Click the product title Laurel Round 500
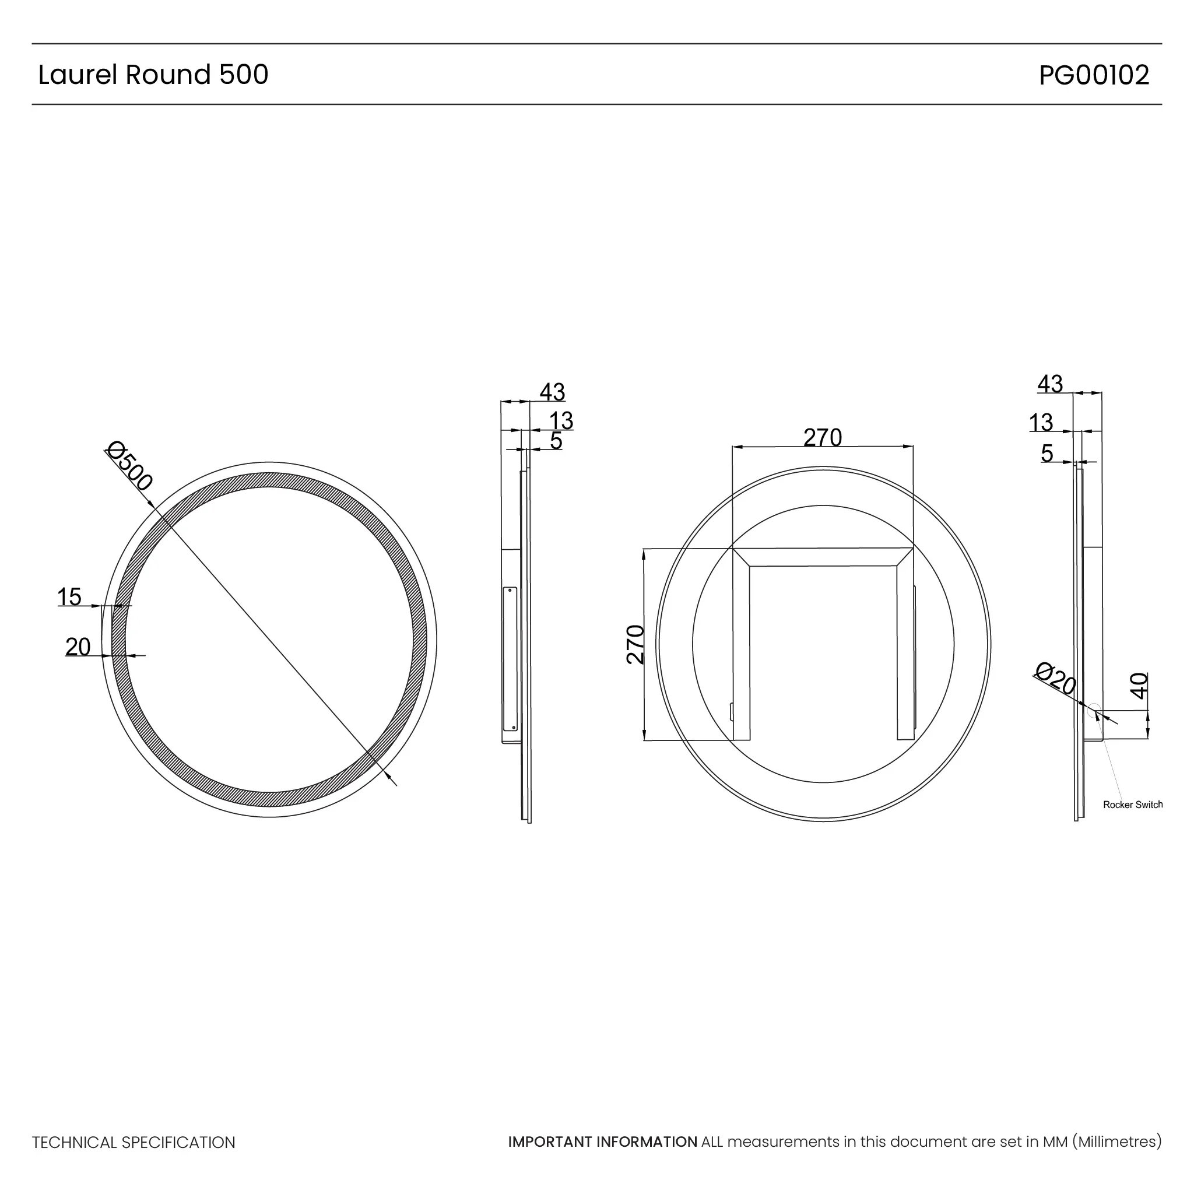(153, 75)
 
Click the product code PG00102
(1093, 75)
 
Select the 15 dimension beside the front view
(69, 597)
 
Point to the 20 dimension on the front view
(78, 647)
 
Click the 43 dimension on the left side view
(552, 392)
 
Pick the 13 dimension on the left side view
(561, 421)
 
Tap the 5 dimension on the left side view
(556, 441)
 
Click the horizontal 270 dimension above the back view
(823, 438)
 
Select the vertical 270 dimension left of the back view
(635, 645)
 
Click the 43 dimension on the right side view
(1050, 384)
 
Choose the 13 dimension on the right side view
(1041, 423)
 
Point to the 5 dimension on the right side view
(1047, 453)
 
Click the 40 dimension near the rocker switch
(1139, 686)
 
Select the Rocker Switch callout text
(1133, 805)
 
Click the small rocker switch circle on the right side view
(1094, 710)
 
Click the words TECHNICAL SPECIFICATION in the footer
(134, 1143)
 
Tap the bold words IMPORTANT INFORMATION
(603, 1142)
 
